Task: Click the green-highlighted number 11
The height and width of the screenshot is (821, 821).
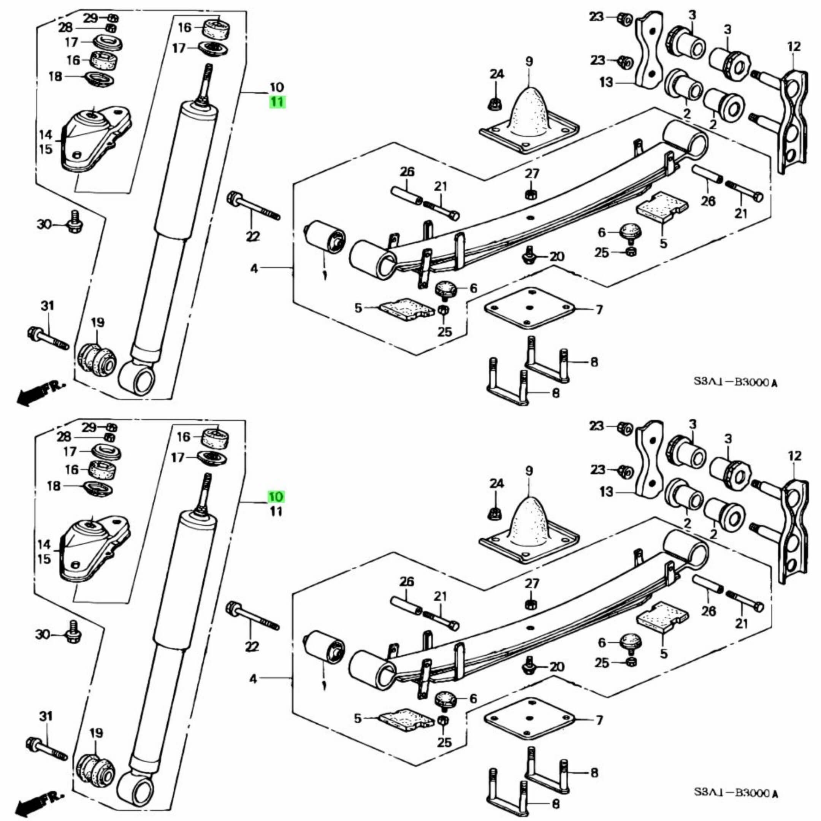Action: (277, 102)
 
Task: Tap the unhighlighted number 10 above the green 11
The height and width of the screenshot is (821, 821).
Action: (276, 87)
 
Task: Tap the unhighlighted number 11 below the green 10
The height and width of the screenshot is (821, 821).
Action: (276, 512)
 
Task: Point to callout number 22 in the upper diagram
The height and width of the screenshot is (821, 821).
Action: (252, 237)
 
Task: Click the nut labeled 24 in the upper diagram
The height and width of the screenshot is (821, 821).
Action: (495, 103)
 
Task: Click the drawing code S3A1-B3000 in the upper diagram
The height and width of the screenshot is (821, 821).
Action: (736, 382)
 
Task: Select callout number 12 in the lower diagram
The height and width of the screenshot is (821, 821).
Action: (794, 456)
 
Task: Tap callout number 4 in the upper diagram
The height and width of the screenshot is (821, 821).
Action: (254, 269)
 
